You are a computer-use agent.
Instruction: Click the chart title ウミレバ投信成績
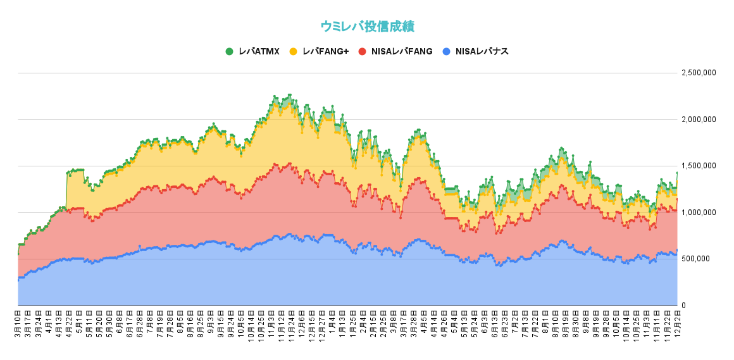pyautogui.click(x=367, y=26)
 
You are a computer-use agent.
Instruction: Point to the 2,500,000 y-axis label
pyautogui.click(x=699, y=73)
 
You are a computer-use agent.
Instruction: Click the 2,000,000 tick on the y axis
pyautogui.click(x=699, y=120)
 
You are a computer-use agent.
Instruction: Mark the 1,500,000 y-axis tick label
pyautogui.click(x=699, y=166)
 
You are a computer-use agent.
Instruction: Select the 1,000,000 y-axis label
pyautogui.click(x=699, y=213)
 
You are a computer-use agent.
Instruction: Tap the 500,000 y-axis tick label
pyautogui.click(x=701, y=259)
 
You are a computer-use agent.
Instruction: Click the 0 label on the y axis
pyautogui.click(x=683, y=306)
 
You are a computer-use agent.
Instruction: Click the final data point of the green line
pyautogui.click(x=677, y=173)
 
